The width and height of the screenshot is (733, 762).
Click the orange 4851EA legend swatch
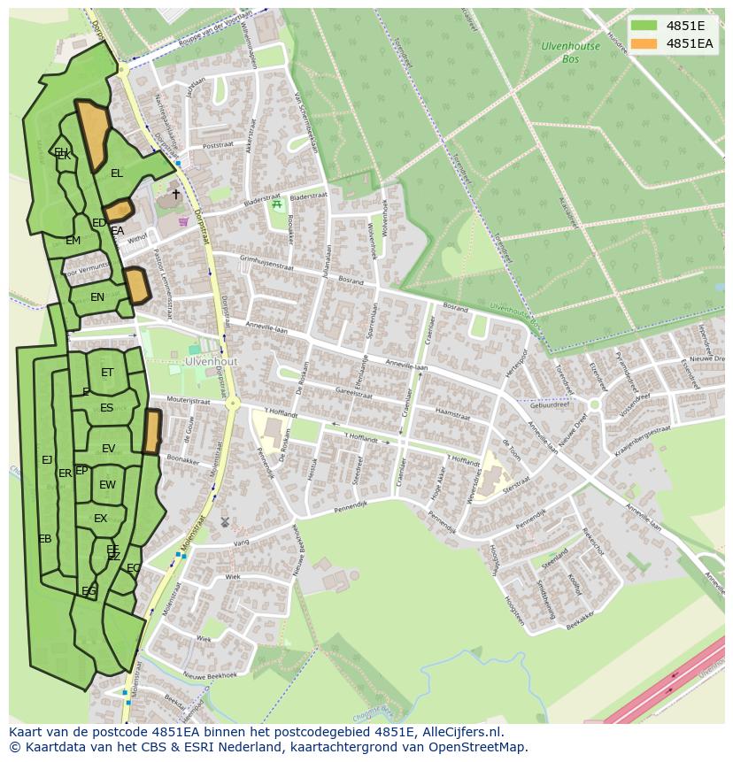644,43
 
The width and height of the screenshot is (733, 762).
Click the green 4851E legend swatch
644,26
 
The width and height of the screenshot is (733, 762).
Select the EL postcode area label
117,173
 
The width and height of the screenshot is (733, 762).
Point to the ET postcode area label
107,373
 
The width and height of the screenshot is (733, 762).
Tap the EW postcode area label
107,485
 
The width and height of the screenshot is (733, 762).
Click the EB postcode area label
44,539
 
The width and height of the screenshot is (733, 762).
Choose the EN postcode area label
97,297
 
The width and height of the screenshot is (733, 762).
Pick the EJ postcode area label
47,459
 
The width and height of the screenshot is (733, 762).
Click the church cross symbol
175,194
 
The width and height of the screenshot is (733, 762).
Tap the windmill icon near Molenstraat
225,523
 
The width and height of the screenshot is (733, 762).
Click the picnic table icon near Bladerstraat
277,205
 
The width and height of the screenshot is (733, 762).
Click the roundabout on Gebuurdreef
595,404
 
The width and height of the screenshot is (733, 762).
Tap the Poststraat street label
217,145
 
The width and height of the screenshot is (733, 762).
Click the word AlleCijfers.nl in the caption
460,732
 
